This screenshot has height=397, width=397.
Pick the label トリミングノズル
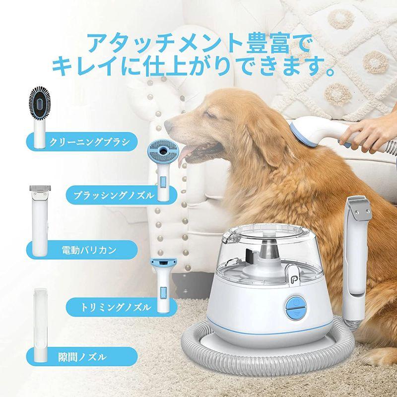click(x=116, y=307)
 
